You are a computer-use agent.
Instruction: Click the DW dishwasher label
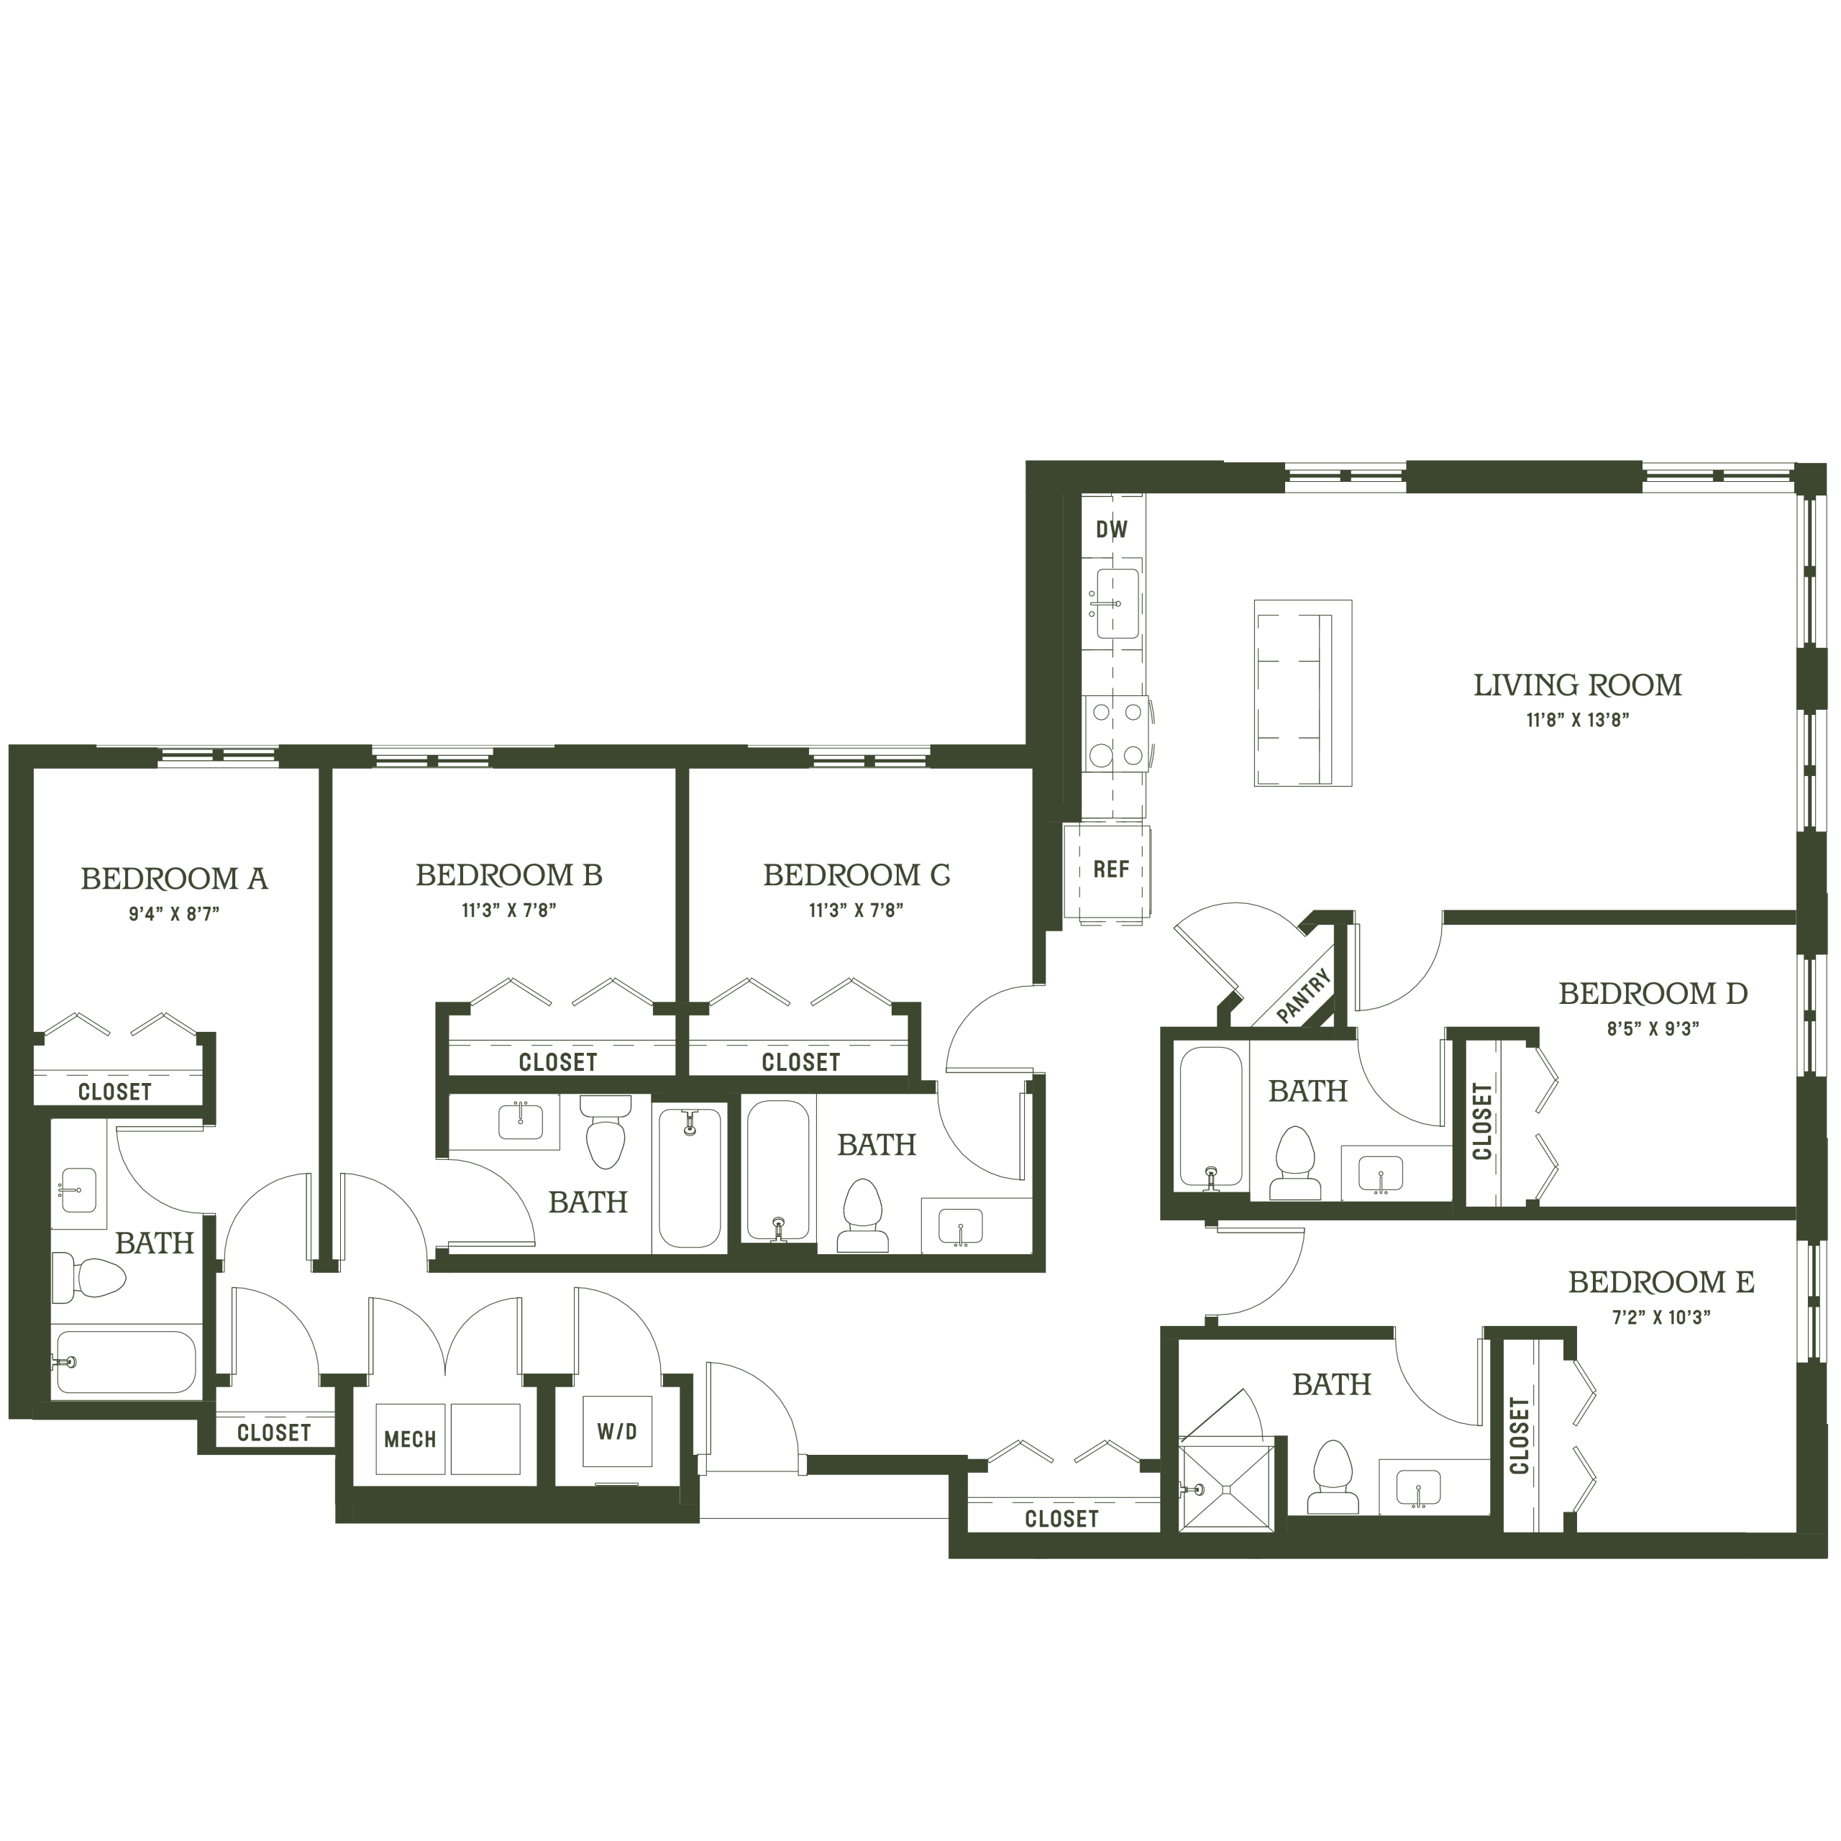click(1111, 530)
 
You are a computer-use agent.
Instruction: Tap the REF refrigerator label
click(1111, 869)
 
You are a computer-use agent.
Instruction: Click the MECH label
click(410, 1439)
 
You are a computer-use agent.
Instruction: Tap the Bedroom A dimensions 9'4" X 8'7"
click(174, 914)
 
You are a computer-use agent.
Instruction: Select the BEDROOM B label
click(509, 874)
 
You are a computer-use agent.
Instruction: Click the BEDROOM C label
click(856, 874)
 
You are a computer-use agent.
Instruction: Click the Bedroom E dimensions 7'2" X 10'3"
click(1662, 1318)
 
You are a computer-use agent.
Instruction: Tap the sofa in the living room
click(1302, 693)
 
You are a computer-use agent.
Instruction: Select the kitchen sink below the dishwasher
click(1117, 603)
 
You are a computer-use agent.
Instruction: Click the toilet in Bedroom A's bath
click(88, 1278)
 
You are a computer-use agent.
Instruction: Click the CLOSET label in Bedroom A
click(114, 1092)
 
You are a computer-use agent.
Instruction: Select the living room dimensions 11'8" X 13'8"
click(1578, 721)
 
